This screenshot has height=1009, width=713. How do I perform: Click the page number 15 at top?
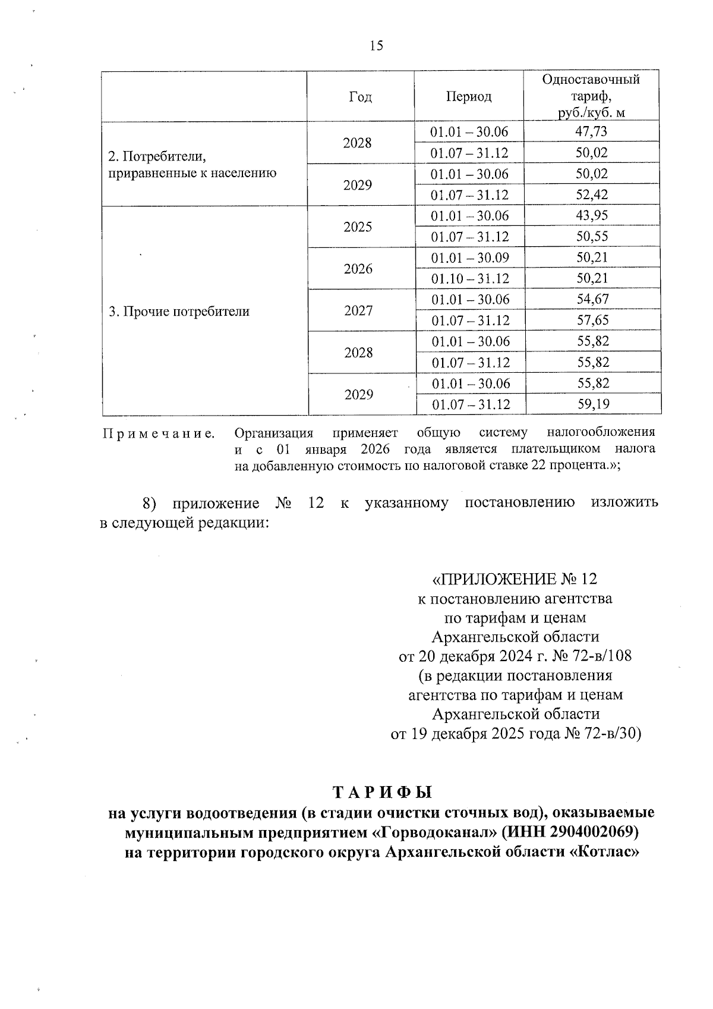point(376,46)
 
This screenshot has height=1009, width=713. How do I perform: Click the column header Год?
point(361,96)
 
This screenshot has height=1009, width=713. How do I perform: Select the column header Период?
point(469,96)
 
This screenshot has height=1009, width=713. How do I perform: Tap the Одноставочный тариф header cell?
point(592,96)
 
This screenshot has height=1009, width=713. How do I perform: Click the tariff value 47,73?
point(592,131)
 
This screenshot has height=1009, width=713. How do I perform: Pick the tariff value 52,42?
point(592,194)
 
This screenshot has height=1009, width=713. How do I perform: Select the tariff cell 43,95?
point(592,215)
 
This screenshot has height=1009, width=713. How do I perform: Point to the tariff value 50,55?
point(592,237)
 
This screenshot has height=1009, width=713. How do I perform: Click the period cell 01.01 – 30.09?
point(470,257)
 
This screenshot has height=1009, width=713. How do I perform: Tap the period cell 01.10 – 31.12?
point(470,278)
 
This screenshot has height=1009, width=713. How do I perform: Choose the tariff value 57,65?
point(592,320)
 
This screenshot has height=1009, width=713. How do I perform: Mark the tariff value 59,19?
point(592,404)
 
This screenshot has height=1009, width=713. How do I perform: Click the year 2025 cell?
point(358,227)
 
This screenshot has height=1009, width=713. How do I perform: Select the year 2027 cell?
point(358,310)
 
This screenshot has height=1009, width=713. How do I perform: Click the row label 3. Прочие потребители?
point(179,311)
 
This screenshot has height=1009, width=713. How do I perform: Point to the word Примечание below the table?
point(159,433)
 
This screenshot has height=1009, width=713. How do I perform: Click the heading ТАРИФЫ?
point(382,793)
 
